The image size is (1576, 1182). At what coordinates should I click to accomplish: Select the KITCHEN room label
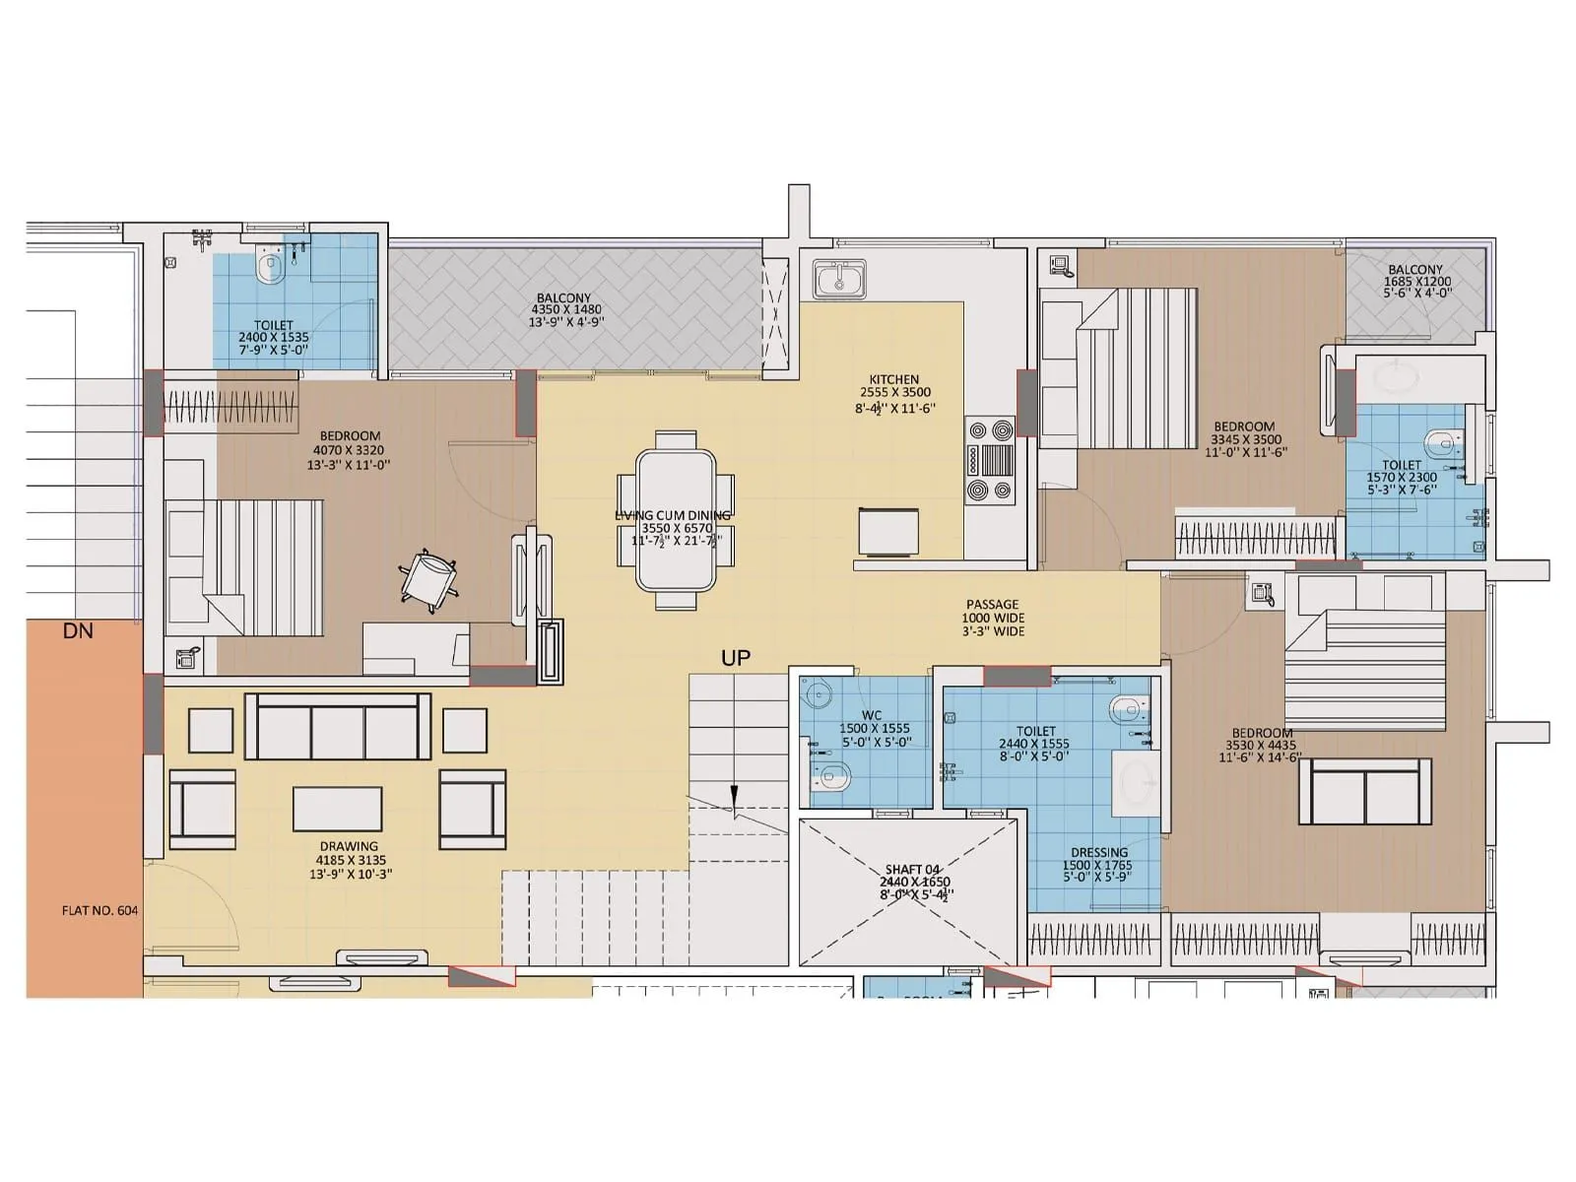(893, 379)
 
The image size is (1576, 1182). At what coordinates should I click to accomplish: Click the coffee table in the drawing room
(337, 809)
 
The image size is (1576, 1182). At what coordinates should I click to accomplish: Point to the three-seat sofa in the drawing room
(337, 726)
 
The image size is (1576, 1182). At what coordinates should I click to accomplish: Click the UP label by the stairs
(736, 658)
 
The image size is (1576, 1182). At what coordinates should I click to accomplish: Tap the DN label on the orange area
(78, 631)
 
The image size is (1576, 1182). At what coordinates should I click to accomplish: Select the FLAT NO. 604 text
(99, 911)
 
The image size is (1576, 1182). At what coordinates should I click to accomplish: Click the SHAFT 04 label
(912, 870)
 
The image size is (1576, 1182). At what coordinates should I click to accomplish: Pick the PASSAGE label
(992, 605)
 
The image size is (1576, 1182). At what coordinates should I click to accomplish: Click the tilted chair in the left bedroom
(429, 578)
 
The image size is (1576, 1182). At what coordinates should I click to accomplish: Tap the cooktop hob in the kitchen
(990, 460)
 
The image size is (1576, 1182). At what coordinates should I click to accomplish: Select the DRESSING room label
(1099, 853)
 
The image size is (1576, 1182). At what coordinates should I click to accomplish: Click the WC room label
(871, 716)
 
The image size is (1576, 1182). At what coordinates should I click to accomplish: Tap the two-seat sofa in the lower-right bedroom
(1365, 791)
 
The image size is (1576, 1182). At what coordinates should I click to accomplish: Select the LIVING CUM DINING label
(674, 515)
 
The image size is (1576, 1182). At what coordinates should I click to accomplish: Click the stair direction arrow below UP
(734, 801)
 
